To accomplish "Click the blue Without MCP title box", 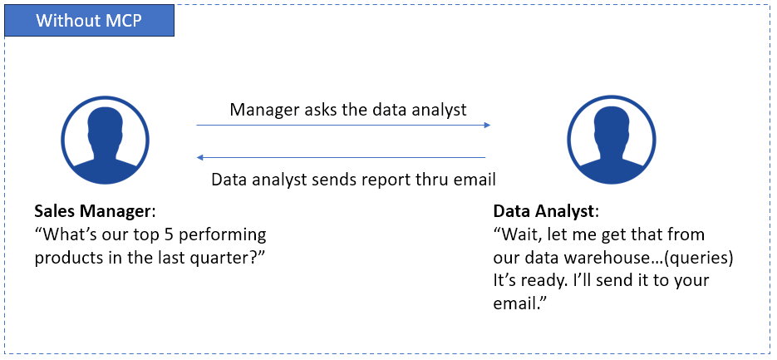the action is (89, 20).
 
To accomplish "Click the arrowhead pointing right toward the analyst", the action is (487, 125).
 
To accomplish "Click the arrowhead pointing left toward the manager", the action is (200, 158).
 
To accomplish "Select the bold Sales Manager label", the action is (92, 212).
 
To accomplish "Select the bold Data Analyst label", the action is (543, 212).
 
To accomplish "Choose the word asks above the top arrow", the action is (318, 109).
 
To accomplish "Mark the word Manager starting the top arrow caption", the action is (263, 110).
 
